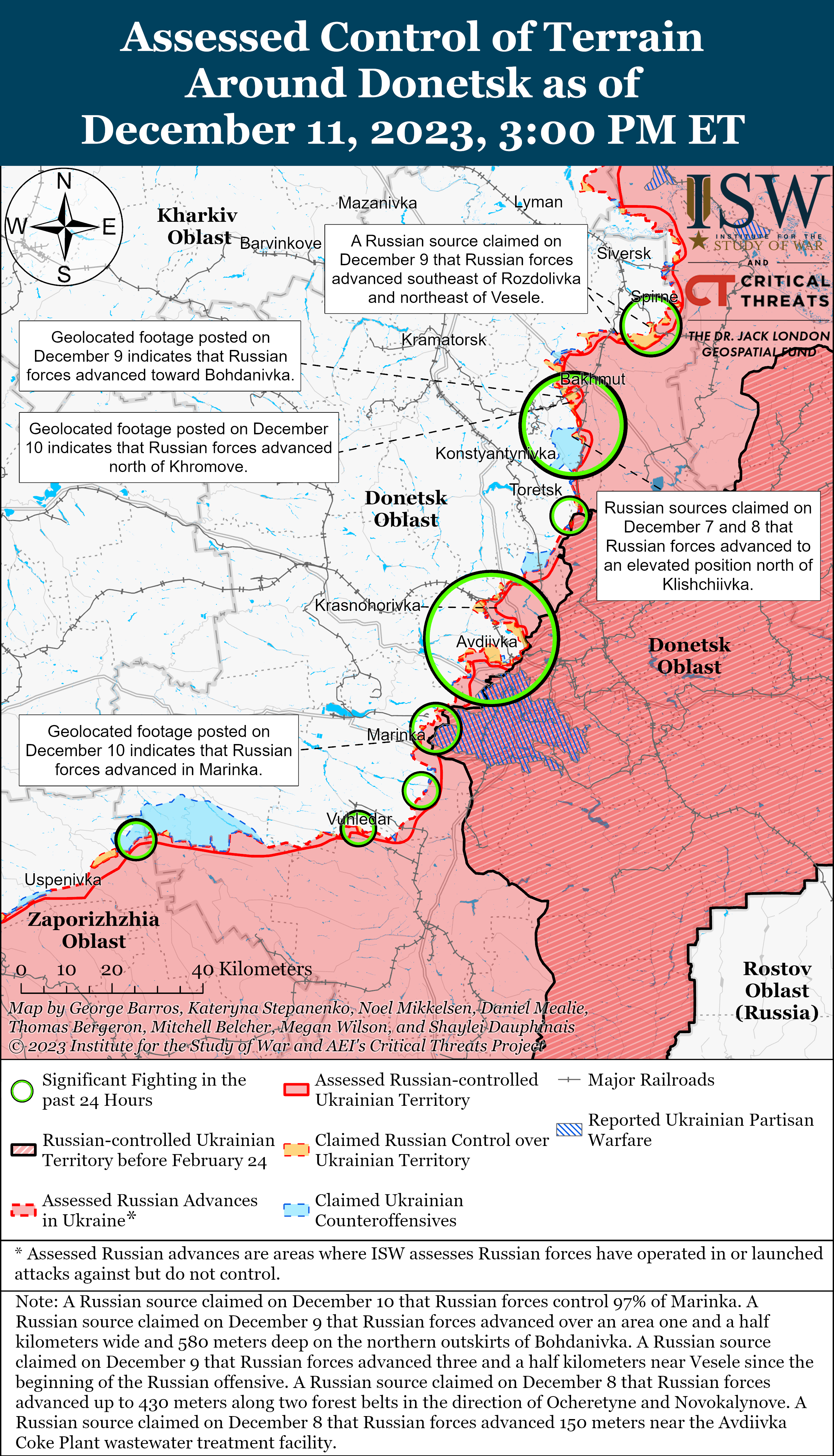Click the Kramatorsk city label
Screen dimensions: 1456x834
[x=443, y=340]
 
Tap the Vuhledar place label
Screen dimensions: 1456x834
[x=359, y=819]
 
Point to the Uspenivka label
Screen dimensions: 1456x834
[x=63, y=880]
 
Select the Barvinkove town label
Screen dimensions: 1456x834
[x=281, y=243]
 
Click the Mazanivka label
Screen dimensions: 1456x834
[x=377, y=203]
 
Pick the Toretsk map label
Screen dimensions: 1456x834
[x=536, y=490]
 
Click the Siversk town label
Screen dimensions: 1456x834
[x=624, y=253]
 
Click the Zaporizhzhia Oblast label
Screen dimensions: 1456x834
[x=94, y=930]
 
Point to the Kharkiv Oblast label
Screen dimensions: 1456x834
[x=198, y=226]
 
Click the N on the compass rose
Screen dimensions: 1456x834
[x=64, y=181]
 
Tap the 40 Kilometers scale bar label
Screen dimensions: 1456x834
[x=252, y=969]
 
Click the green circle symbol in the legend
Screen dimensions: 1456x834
[x=22, y=1091]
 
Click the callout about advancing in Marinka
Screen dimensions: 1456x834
[x=159, y=750]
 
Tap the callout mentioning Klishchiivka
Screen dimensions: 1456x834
[x=708, y=546]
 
